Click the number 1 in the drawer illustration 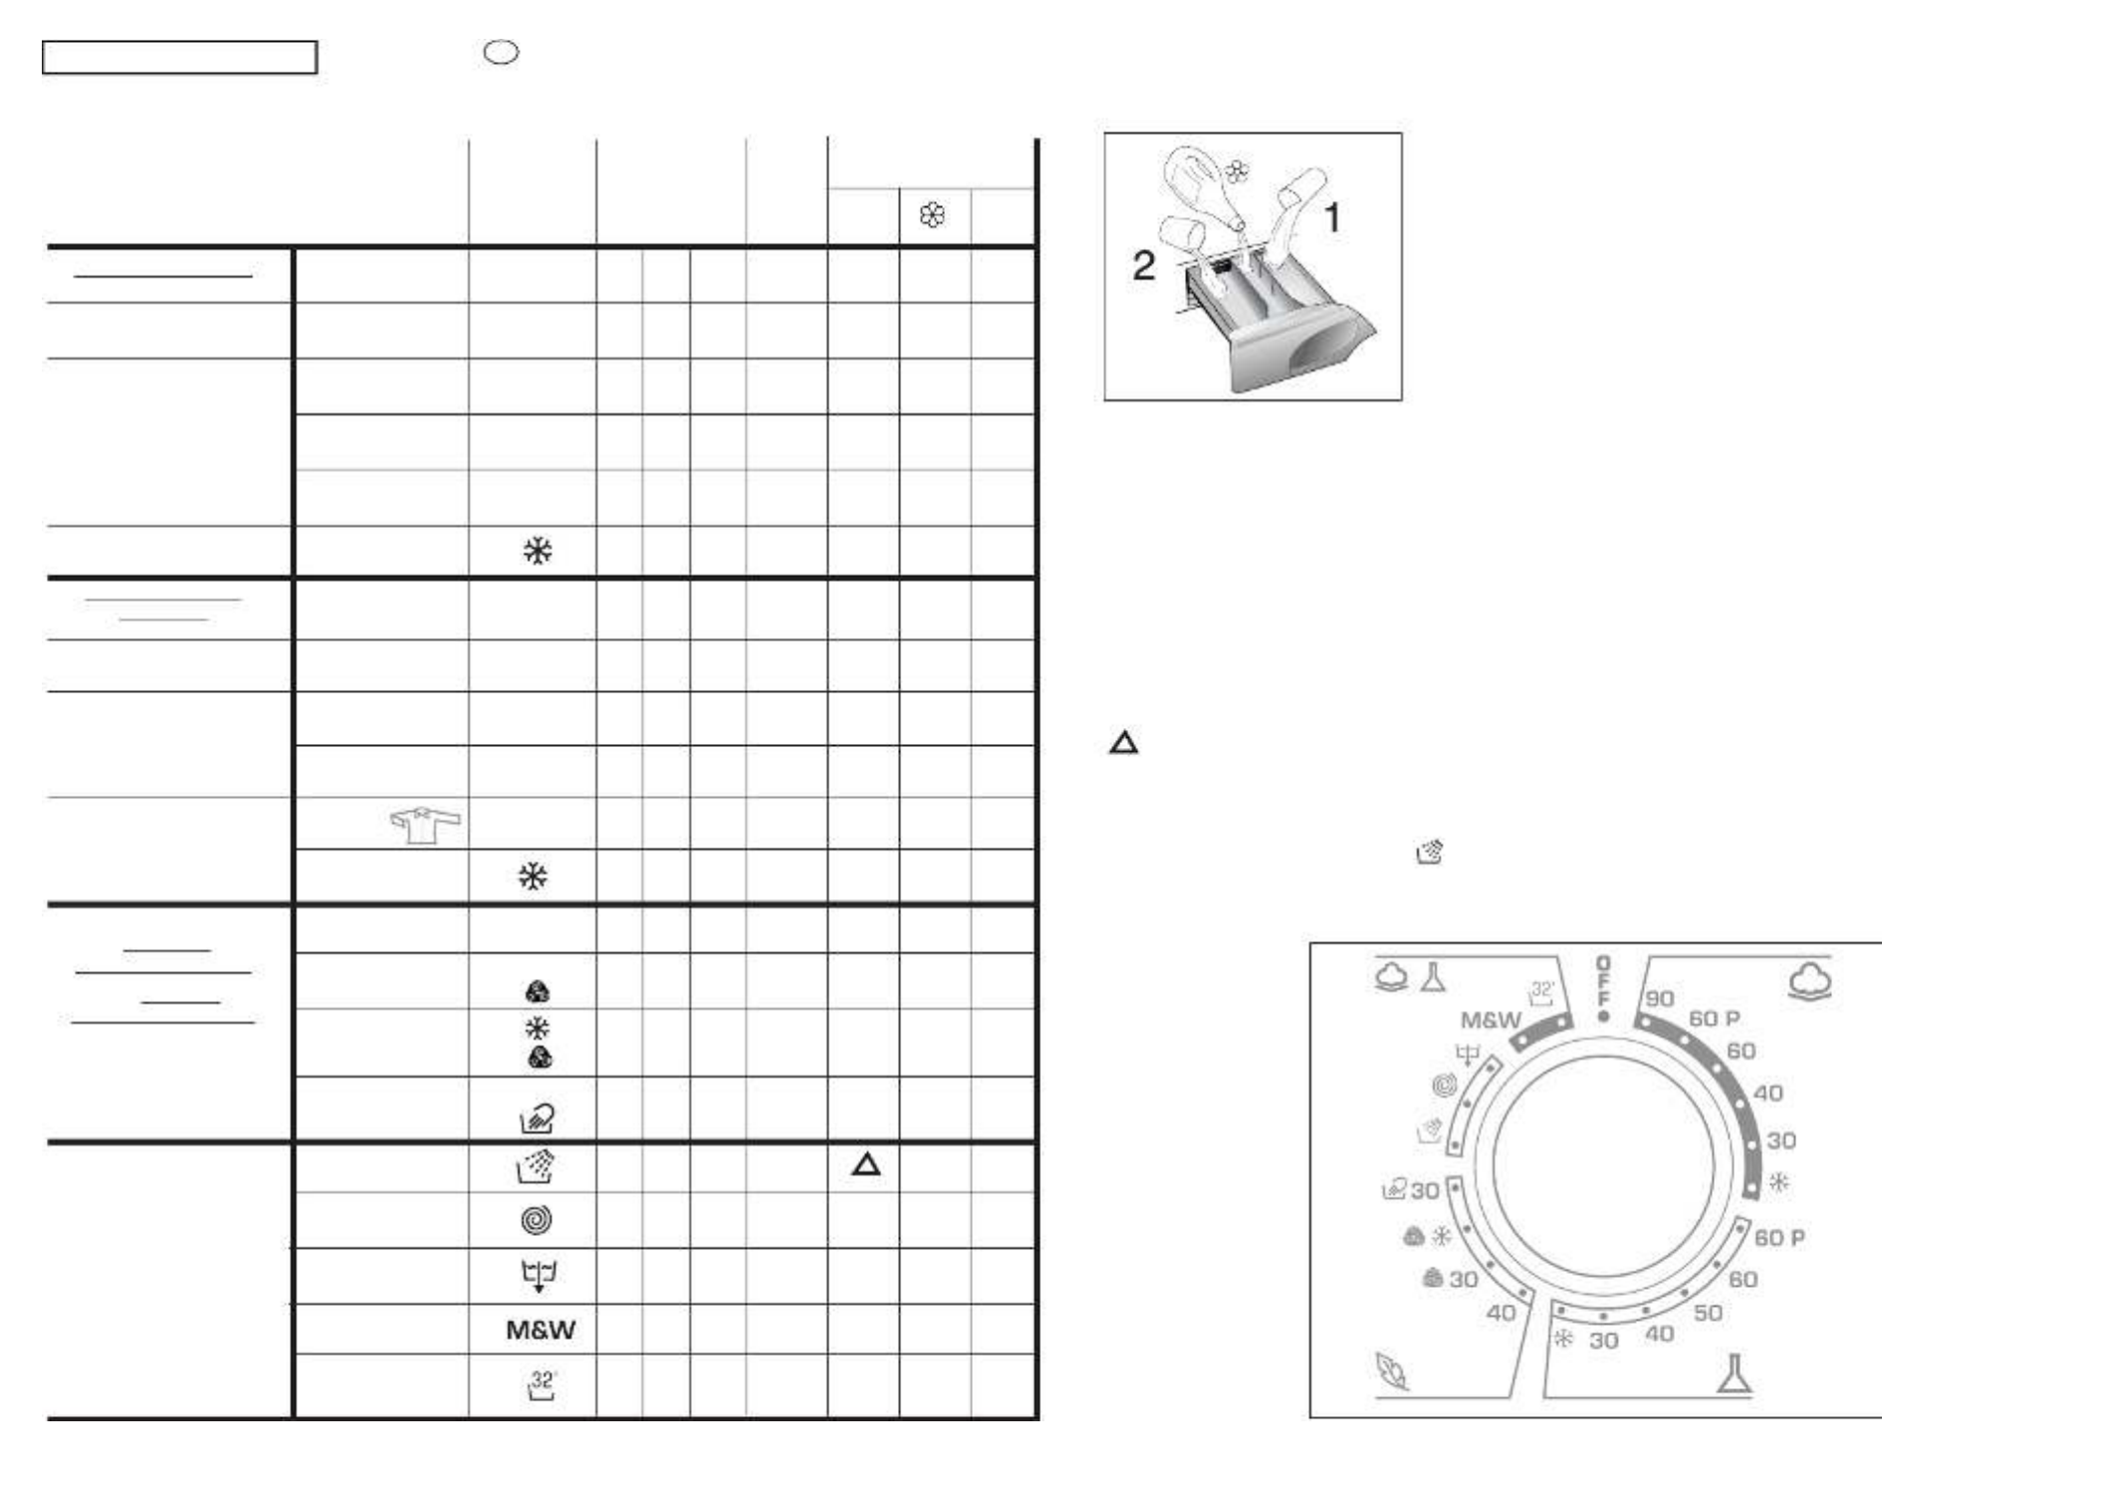1332,218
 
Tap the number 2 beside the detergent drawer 1144,265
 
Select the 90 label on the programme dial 1660,998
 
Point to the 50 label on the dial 1708,1313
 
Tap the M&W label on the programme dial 1491,1020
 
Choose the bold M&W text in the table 541,1330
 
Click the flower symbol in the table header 933,215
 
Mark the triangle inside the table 866,1164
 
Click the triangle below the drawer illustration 1124,743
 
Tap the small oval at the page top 501,53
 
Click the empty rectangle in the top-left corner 179,58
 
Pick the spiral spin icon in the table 537,1220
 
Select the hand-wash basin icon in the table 538,1118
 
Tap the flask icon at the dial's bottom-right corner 1734,1373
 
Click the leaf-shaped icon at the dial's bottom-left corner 1391,1371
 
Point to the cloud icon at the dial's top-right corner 1810,980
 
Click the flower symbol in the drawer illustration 1237,171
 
